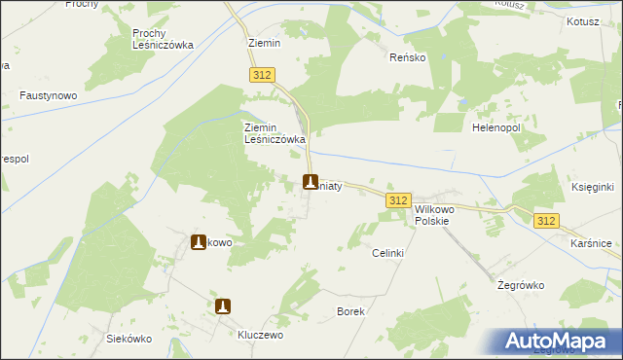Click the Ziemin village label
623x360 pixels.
[x=263, y=44]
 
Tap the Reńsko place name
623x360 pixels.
[x=407, y=57]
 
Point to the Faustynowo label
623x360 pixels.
[x=48, y=96]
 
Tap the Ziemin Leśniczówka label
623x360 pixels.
[x=275, y=133]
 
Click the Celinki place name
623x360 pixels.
[x=387, y=253]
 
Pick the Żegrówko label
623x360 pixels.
[x=519, y=285]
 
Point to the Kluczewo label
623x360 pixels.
[x=260, y=334]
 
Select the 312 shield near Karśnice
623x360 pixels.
[x=546, y=221]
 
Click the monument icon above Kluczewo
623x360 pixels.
[x=223, y=306]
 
